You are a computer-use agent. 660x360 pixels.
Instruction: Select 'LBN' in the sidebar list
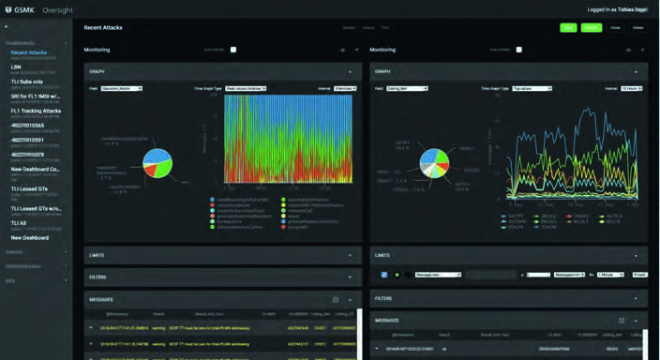click(16, 67)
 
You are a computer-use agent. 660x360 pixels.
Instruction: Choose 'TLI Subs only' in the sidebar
click(29, 82)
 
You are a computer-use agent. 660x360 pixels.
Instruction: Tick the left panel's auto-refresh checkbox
click(232, 50)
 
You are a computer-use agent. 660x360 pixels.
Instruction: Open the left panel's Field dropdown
click(122, 89)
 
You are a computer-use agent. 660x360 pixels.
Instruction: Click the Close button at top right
click(616, 28)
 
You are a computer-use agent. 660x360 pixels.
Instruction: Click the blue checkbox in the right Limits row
click(384, 275)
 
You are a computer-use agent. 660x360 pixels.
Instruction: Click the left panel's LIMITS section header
click(97, 255)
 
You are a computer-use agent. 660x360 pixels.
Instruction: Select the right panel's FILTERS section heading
click(383, 298)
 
